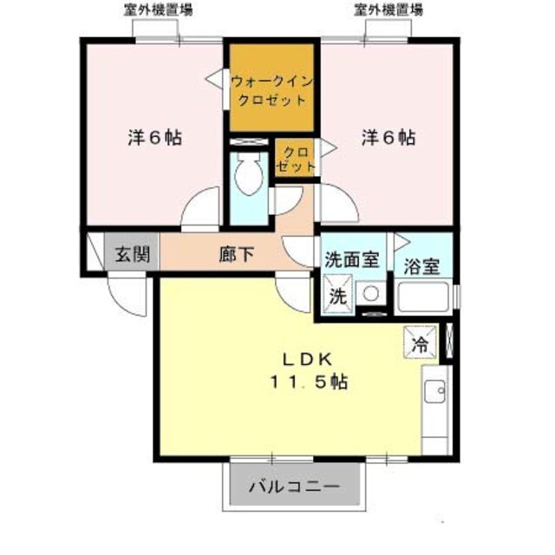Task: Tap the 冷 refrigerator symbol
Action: (420, 343)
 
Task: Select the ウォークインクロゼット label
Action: (271, 90)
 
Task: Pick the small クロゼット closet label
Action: (294, 158)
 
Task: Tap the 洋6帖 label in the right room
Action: (388, 137)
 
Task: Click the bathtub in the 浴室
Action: (423, 299)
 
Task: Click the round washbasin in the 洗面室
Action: (372, 294)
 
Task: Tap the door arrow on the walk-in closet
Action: (213, 81)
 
